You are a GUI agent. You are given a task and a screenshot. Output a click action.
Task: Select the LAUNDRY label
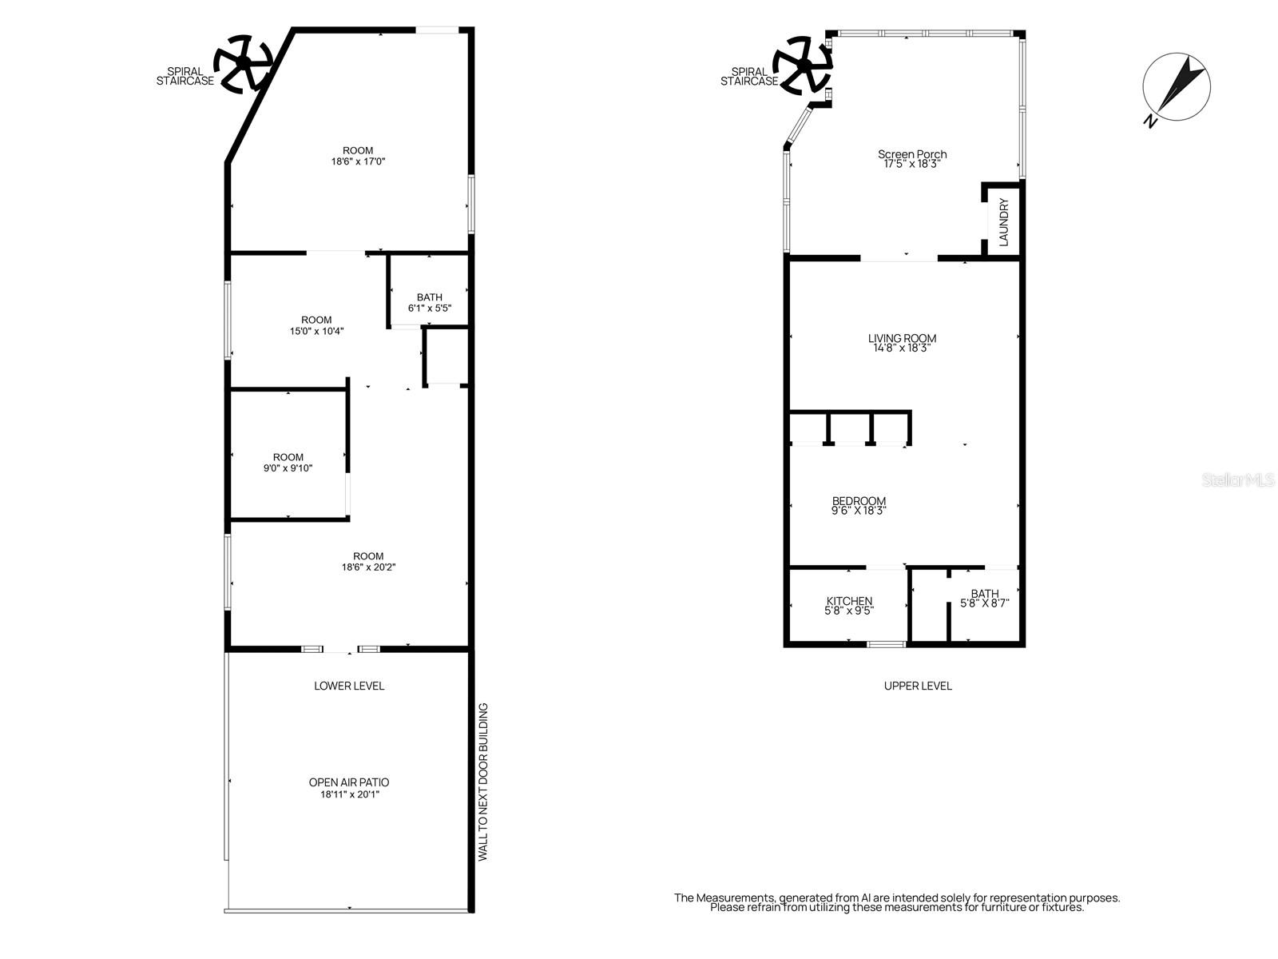click(x=1004, y=221)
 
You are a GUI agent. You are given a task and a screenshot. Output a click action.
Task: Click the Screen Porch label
click(x=912, y=158)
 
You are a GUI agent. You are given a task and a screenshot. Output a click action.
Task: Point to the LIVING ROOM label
click(x=902, y=343)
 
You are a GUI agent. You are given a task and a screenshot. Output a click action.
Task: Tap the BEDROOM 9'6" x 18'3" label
click(x=859, y=505)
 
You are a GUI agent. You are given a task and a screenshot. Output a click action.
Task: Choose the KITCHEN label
click(x=849, y=605)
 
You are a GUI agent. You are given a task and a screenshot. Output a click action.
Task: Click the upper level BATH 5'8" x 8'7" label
click(x=984, y=598)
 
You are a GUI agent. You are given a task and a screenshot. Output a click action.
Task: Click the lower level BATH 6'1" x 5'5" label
click(x=429, y=302)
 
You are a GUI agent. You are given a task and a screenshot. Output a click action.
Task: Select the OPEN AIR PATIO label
click(x=349, y=787)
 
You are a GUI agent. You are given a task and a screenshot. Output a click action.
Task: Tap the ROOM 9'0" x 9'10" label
click(x=288, y=463)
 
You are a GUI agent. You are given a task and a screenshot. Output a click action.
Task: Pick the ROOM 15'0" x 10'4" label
click(x=316, y=324)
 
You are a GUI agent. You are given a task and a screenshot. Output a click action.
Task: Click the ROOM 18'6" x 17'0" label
click(x=358, y=155)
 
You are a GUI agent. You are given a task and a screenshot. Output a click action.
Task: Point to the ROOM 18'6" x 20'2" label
click(x=368, y=561)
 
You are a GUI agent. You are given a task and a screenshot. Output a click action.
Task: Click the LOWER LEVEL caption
click(x=349, y=686)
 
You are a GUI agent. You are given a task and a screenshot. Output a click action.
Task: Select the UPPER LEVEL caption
click(x=918, y=686)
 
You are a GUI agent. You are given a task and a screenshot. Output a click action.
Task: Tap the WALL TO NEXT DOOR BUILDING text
click(x=482, y=782)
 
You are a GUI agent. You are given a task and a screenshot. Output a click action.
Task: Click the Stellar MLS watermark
click(x=1238, y=480)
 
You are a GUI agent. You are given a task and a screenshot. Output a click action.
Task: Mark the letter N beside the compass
click(x=1150, y=121)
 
